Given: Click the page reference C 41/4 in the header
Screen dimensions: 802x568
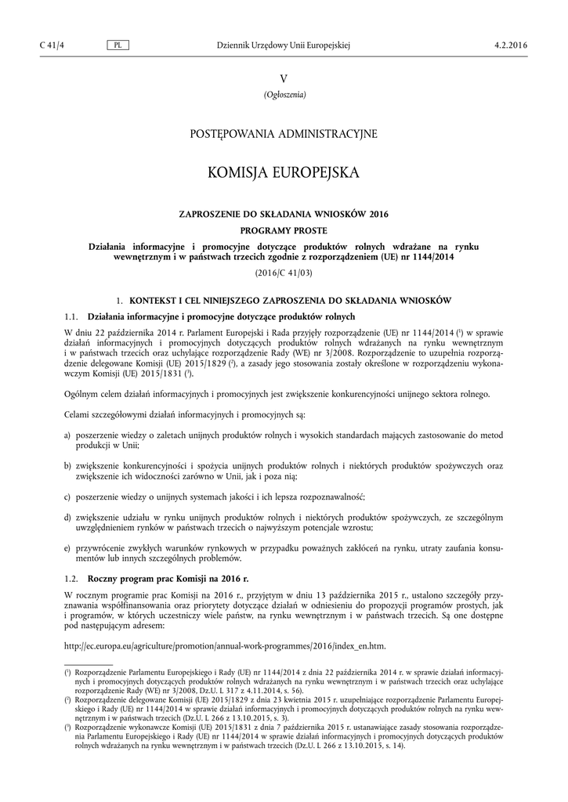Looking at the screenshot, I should click(51, 46).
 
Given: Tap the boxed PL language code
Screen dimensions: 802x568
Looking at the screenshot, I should click(117, 46).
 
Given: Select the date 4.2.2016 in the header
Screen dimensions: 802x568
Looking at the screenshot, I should click(512, 46).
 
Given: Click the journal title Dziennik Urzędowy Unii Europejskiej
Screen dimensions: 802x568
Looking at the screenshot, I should click(283, 46).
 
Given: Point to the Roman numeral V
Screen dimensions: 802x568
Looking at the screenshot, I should click(284, 79).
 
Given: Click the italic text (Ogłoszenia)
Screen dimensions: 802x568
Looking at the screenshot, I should click(284, 96).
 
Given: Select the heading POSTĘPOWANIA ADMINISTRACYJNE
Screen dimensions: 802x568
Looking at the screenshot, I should click(284, 134).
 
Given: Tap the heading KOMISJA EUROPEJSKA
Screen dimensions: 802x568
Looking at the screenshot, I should click(284, 172).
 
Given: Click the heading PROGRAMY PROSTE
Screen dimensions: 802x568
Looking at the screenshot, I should click(284, 230).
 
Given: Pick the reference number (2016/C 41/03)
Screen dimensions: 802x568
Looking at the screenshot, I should click(284, 273).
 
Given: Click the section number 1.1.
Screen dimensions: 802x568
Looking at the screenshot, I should click(71, 316).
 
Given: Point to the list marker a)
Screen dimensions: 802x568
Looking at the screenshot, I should click(67, 435).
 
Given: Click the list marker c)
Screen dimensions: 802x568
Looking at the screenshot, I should click(67, 497).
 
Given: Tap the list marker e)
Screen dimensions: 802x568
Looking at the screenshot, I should click(67, 547).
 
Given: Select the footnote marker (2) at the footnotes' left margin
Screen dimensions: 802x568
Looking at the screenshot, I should click(67, 699).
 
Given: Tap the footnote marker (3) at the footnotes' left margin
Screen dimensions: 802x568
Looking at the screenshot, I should click(67, 728).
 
